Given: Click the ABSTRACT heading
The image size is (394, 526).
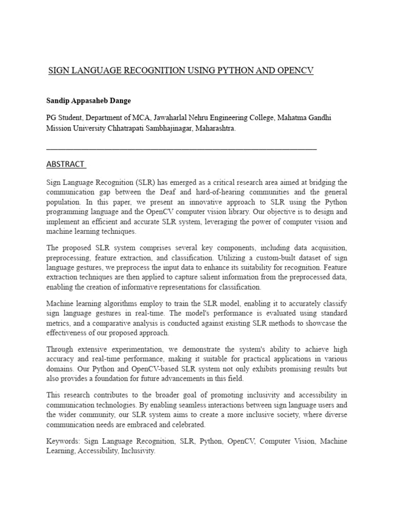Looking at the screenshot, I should click(x=65, y=164).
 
